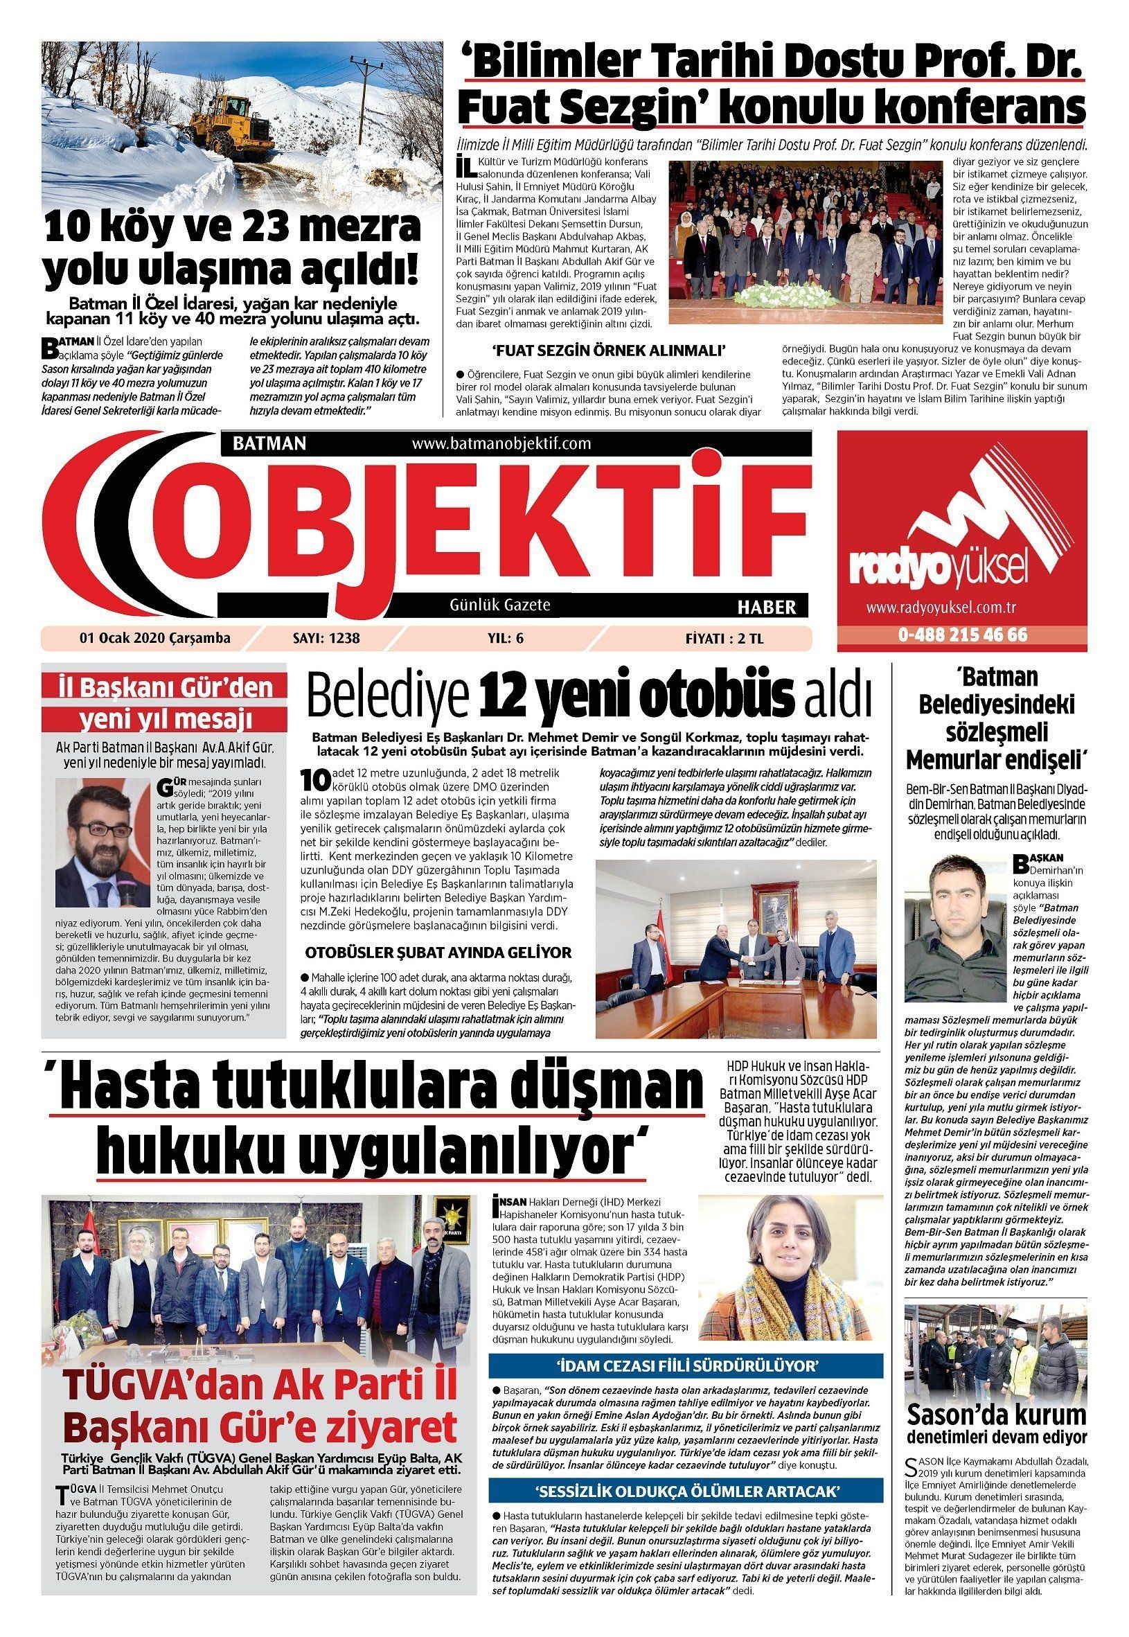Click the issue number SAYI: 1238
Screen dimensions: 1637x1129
[326, 638]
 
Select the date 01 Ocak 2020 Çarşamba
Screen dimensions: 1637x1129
[155, 638]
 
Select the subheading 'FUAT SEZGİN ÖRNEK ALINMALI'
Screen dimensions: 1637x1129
[610, 351]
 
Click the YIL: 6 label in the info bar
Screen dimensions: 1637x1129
[505, 638]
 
